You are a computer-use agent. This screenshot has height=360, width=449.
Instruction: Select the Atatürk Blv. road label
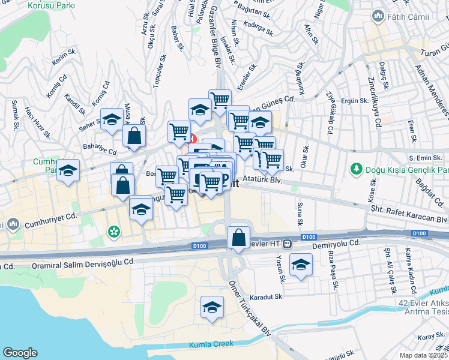tap(264, 179)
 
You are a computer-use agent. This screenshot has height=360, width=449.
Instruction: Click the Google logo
tap(20, 353)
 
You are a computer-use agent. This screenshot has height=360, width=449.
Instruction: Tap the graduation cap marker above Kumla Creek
tap(211, 308)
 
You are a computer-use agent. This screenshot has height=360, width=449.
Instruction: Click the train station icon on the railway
tap(288, 244)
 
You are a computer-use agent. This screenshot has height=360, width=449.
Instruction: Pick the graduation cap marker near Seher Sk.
tap(112, 119)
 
